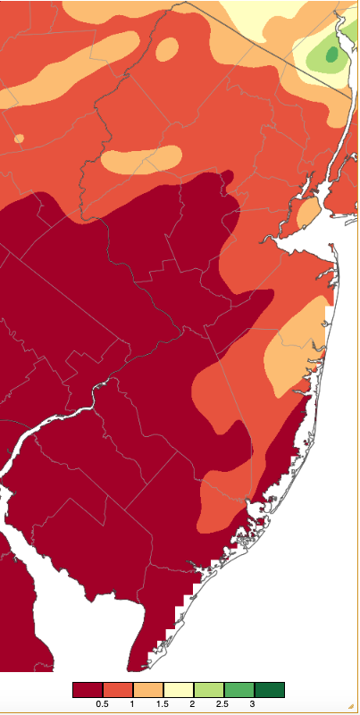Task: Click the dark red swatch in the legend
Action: (x=88, y=690)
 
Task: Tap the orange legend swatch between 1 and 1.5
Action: (x=148, y=690)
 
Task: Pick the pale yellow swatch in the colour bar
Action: (x=179, y=690)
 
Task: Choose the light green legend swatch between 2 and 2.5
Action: (x=209, y=690)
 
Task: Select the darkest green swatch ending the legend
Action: (x=270, y=690)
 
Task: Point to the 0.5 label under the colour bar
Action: (x=103, y=704)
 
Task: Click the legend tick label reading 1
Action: (x=133, y=704)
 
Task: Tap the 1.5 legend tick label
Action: (x=163, y=704)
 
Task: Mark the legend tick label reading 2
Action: (x=194, y=704)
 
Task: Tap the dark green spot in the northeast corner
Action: (x=332, y=55)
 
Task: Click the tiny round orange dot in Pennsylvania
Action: (x=19, y=139)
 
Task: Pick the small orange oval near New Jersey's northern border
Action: (x=167, y=50)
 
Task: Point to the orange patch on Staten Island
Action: (x=306, y=213)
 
